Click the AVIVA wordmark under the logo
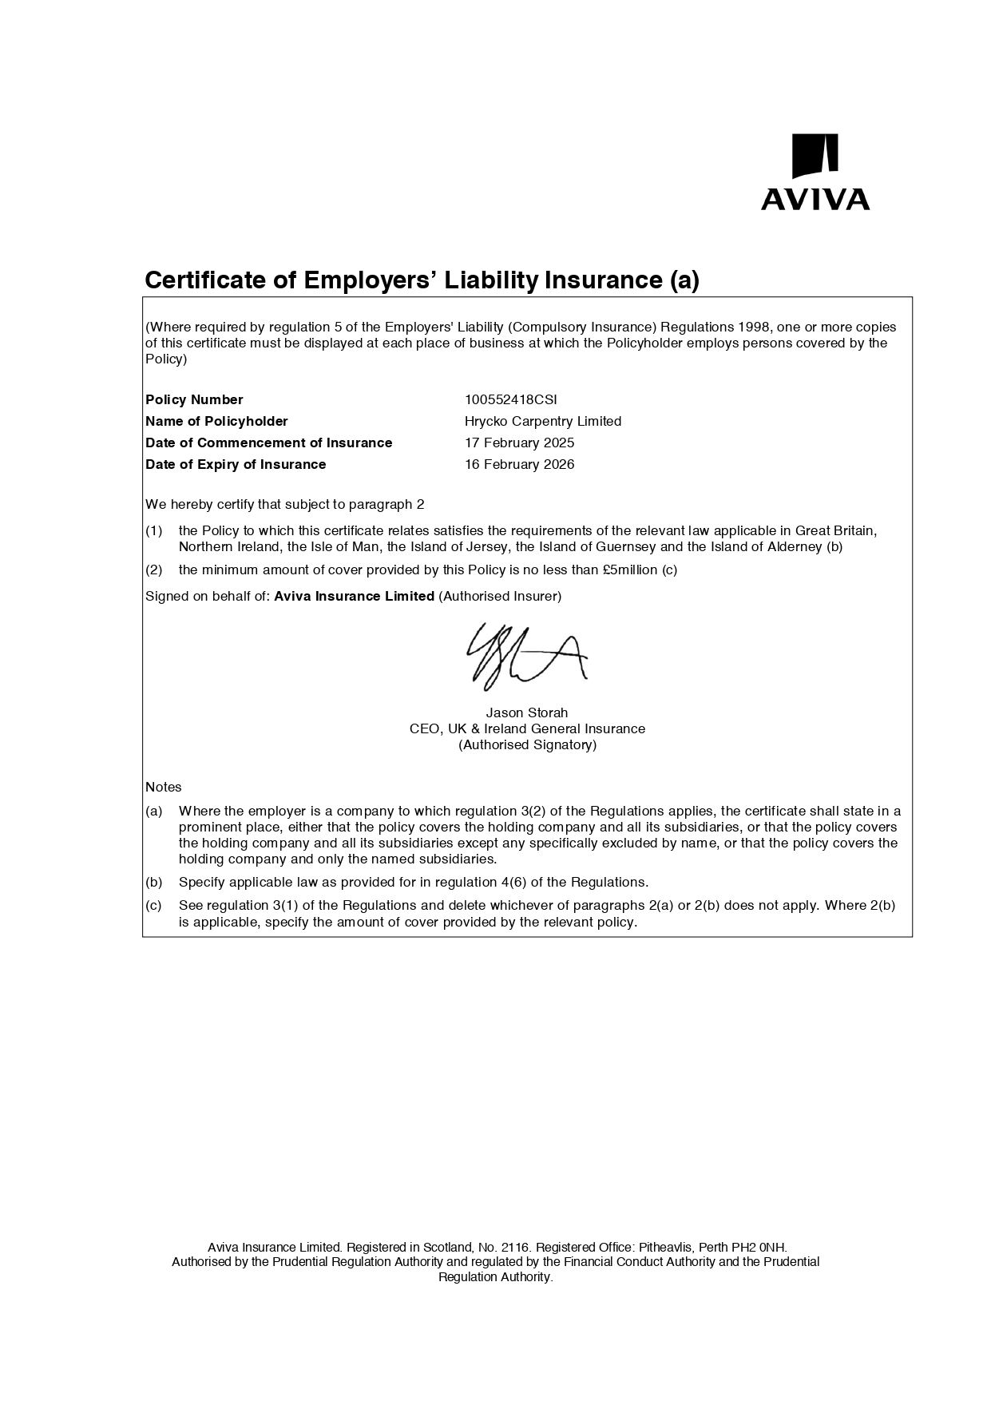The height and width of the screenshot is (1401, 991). click(x=815, y=199)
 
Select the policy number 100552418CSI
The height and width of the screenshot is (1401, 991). click(x=510, y=399)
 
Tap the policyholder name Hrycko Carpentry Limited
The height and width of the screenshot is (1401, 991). click(x=542, y=421)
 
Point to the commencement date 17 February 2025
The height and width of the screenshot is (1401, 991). click(x=519, y=443)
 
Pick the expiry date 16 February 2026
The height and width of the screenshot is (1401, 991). click(x=519, y=464)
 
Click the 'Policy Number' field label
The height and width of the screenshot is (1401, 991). click(x=194, y=399)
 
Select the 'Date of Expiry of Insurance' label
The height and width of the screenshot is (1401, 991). click(x=236, y=464)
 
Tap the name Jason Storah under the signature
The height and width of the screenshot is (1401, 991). click(x=527, y=712)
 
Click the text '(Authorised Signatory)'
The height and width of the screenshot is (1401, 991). click(x=527, y=744)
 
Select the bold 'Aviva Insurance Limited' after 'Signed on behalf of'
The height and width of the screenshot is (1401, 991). click(x=354, y=596)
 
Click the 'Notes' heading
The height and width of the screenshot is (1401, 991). click(x=164, y=787)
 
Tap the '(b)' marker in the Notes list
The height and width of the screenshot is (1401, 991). click(x=153, y=882)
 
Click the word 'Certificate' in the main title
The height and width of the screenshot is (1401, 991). click(x=205, y=280)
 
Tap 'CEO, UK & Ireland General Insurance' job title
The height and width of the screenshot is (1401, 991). click(x=527, y=728)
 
